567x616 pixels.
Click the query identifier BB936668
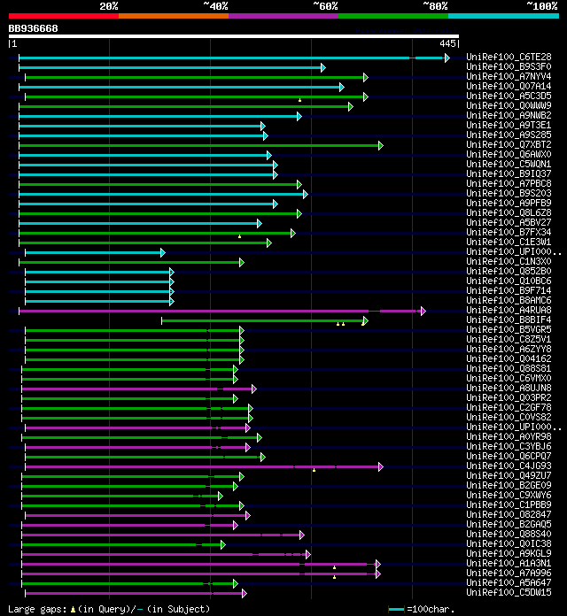coord(34,28)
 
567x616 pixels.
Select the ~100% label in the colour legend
coord(541,5)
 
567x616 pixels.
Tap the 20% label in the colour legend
coord(109,5)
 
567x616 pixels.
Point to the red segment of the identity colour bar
coord(63,15)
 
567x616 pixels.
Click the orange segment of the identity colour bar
coord(173,15)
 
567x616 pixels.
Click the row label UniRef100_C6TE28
coord(509,57)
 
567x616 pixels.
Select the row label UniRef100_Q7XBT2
coord(509,144)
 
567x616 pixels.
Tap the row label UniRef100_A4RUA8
coord(509,311)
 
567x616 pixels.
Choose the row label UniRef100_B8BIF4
coord(509,320)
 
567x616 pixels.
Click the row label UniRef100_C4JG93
coord(509,466)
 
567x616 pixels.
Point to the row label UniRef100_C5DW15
coord(509,593)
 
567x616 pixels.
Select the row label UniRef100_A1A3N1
coord(509,564)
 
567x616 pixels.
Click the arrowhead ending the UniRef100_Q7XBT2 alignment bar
coord(380,145)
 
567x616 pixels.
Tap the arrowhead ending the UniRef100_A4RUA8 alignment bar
coord(423,311)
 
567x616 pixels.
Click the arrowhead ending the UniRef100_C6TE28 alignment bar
coord(447,58)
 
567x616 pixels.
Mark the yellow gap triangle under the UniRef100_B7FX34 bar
coord(239,236)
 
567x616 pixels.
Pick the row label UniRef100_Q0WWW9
coord(509,105)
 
